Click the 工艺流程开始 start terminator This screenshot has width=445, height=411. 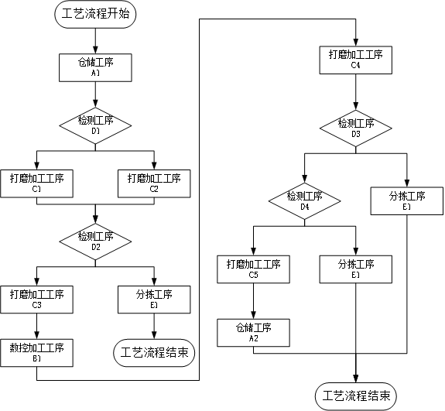tap(95, 14)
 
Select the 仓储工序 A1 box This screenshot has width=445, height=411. tap(95, 67)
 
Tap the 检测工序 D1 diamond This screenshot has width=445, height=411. tap(95, 125)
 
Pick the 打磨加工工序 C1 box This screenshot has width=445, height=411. tap(36, 183)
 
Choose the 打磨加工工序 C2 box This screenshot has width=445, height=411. tap(154, 183)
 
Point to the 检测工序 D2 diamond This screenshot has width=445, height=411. tap(95, 241)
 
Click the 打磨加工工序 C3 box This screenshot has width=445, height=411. tap(36, 300)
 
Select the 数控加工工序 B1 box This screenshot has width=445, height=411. tap(36, 353)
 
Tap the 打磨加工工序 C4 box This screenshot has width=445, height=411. tap(356, 60)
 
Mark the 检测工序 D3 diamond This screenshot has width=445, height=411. tap(356, 128)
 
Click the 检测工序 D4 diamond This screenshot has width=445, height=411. tap(304, 201)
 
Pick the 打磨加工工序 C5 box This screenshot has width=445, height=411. tap(253, 269)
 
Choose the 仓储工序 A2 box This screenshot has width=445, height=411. tap(253, 333)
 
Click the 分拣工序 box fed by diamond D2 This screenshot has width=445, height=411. tap(154, 300)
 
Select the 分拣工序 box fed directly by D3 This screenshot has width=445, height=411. tap(407, 200)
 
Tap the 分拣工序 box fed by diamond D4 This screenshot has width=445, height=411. tap(356, 269)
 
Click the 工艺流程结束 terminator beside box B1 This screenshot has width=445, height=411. tap(154, 353)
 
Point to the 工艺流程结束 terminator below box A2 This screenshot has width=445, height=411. tap(356, 396)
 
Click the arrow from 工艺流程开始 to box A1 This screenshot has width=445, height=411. tap(95, 41)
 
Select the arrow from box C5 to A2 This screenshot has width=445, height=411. tap(253, 301)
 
